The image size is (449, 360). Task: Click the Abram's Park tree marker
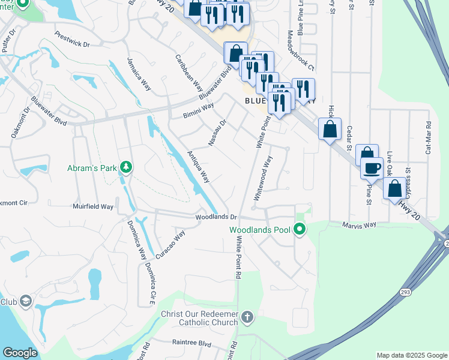[x=126, y=166]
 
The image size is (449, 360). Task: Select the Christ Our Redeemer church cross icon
[x=247, y=316]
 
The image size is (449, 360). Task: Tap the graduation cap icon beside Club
[x=25, y=301]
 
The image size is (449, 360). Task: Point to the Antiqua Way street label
[x=198, y=167]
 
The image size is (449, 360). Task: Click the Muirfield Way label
[x=93, y=206]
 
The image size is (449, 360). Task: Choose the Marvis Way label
[x=359, y=225]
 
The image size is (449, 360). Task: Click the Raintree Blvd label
[x=191, y=344]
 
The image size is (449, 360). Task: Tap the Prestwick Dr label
[x=71, y=40]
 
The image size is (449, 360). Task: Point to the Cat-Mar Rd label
[x=429, y=139]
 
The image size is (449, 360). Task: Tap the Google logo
[x=20, y=353]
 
